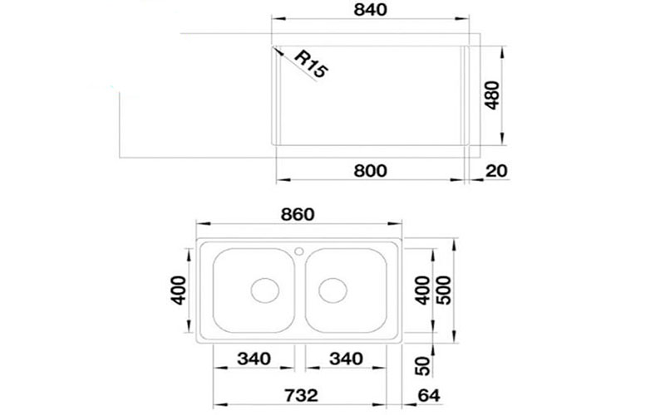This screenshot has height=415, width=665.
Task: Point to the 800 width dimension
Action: pos(370,171)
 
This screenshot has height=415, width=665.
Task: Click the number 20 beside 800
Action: pos(495,172)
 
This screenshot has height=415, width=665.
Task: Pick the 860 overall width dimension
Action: pos(296,213)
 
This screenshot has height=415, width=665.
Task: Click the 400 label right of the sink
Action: pos(422,286)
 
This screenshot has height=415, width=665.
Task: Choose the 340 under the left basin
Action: pos(254,359)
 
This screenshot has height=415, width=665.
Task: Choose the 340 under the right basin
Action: pos(346,359)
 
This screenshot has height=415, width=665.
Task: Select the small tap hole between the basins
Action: pos(300,249)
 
